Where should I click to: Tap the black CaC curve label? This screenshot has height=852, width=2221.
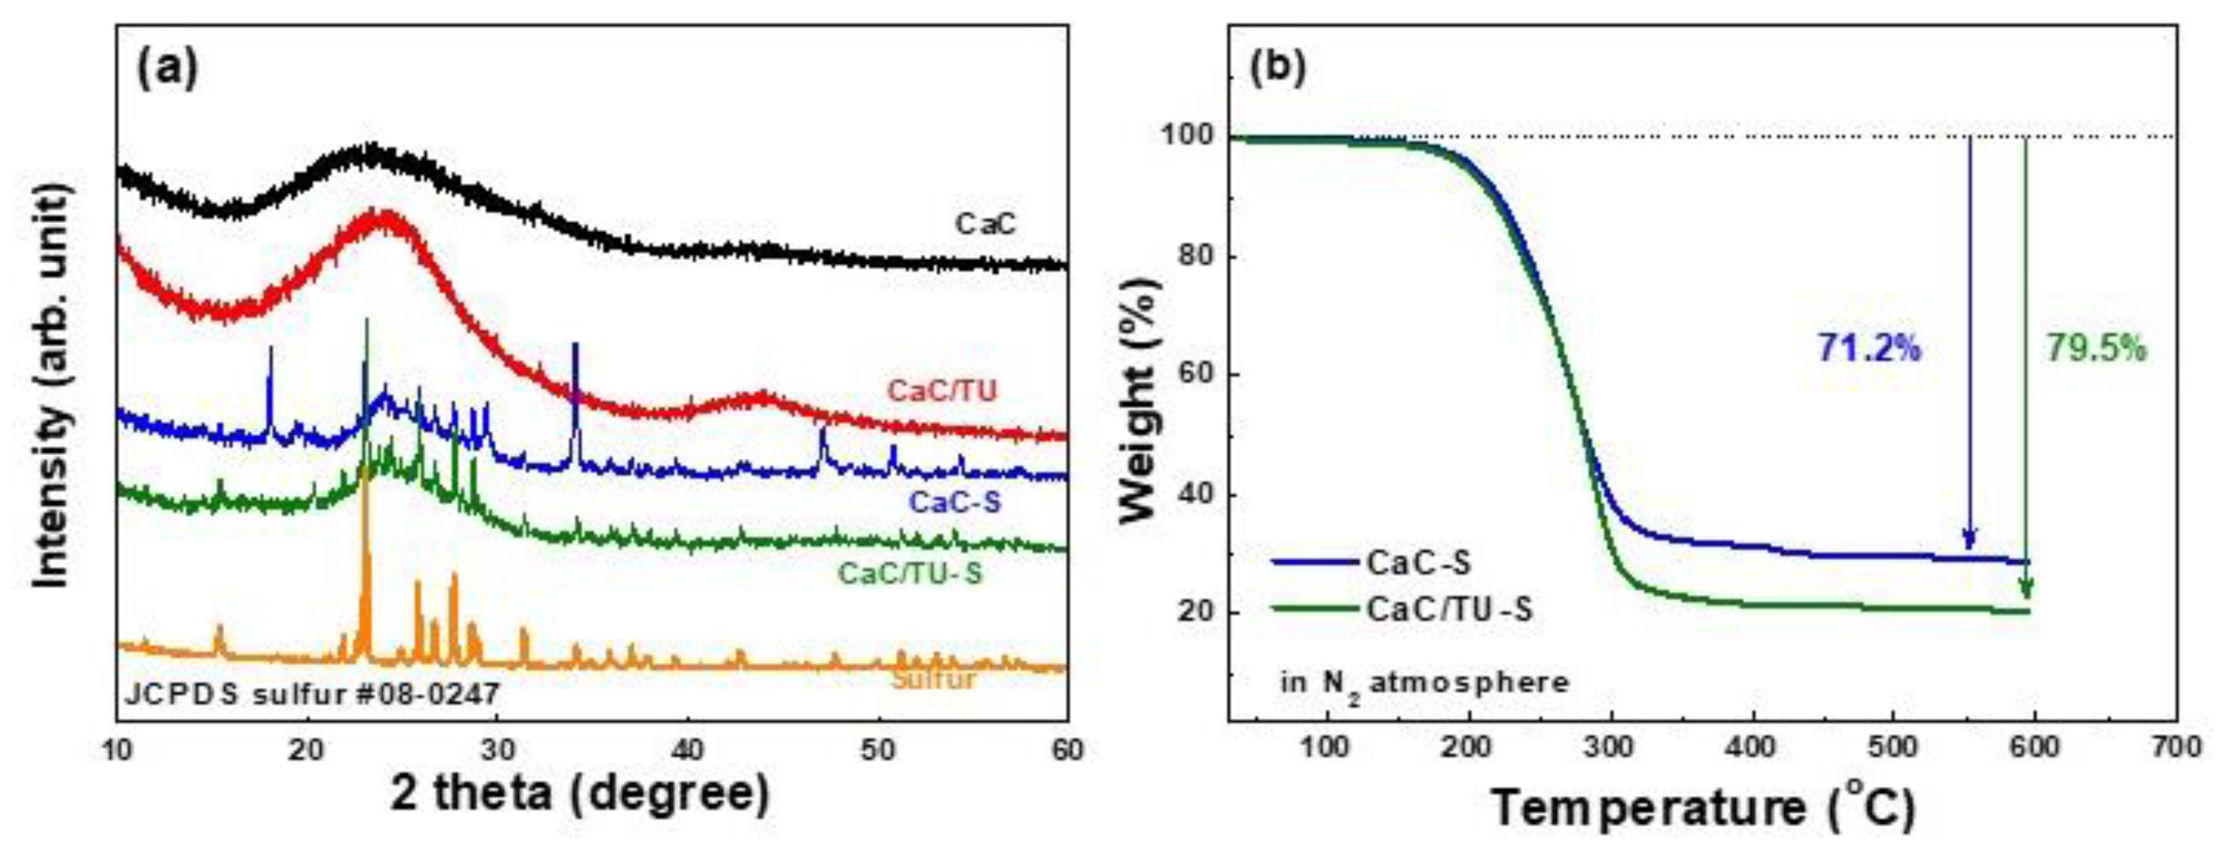(985, 224)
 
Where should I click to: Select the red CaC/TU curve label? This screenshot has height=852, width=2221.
(942, 390)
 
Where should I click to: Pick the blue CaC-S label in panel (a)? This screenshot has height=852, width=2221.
(955, 502)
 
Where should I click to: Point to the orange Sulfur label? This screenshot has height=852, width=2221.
(934, 679)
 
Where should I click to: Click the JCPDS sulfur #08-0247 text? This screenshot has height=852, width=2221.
(312, 694)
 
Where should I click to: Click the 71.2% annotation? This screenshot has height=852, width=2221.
(1869, 348)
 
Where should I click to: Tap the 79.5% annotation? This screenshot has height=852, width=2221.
(2096, 348)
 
